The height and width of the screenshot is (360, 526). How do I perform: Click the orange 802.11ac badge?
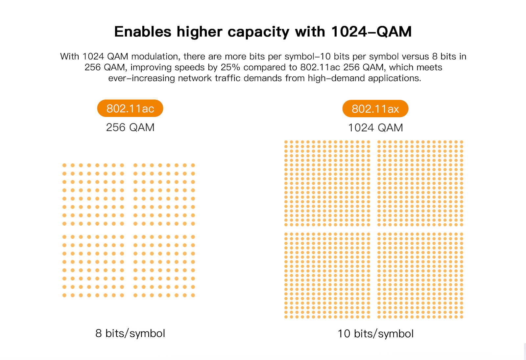pos(130,108)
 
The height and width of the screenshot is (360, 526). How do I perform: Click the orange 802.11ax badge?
pos(375,109)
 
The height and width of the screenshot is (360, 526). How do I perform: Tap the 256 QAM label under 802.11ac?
pos(130,127)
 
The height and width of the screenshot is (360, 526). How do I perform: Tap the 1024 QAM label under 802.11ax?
pos(375,128)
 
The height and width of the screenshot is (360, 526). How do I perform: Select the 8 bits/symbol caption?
pos(130,333)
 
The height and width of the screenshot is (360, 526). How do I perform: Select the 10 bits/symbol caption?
pos(375,334)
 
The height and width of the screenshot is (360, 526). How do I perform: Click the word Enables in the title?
pos(143,32)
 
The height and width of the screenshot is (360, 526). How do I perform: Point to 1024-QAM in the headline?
pos(371,32)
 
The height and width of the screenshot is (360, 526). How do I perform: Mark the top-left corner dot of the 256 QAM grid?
pos(64,165)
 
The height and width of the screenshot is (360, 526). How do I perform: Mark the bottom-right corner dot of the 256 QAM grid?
pos(193,295)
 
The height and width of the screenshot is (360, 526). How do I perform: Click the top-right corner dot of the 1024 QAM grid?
pos(462,142)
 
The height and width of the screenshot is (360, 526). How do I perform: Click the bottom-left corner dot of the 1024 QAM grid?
pos(286,317)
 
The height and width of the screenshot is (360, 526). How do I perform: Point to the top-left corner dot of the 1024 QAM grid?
pos(286,142)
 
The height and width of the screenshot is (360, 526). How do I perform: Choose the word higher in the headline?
pos(200,32)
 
